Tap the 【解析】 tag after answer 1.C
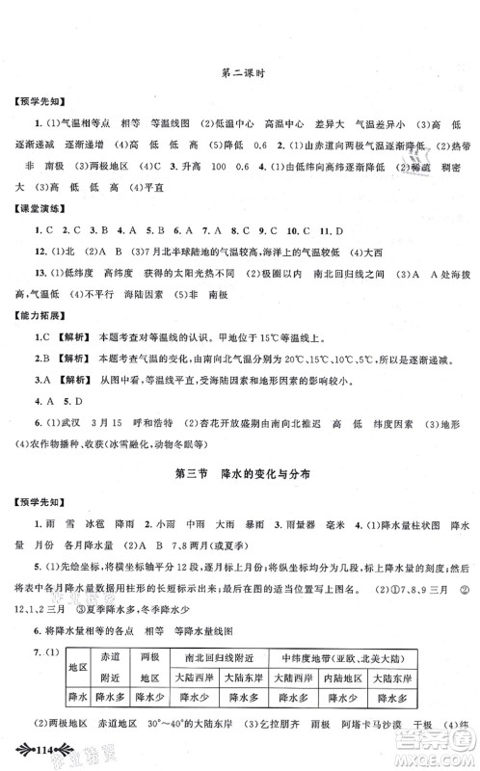tap(71, 336)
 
